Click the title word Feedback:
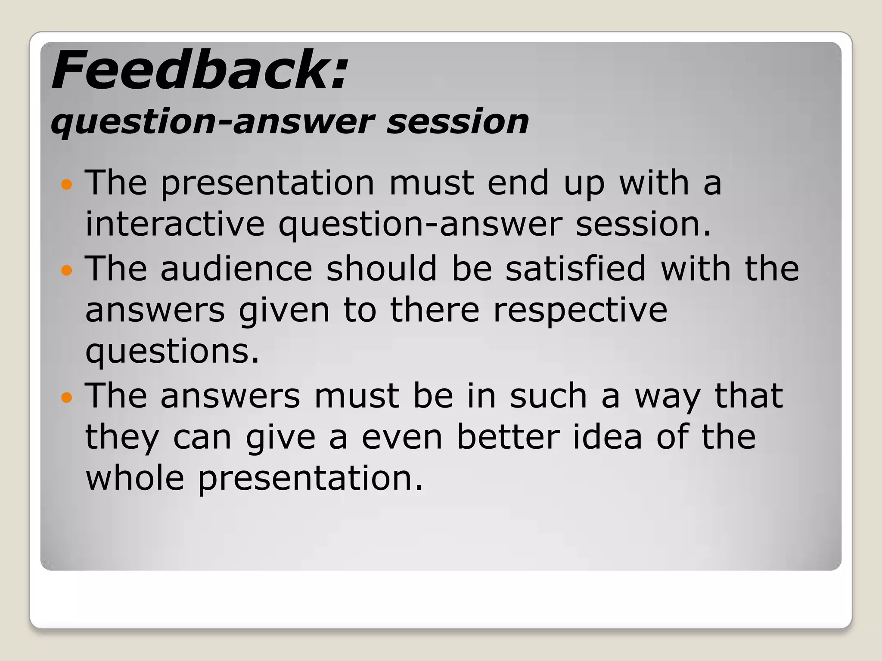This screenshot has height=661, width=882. (199, 71)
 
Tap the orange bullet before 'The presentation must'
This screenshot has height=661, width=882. (67, 185)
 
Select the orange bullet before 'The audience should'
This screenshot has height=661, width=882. (67, 270)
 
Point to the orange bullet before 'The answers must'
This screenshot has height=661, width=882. (67, 397)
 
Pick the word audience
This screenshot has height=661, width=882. (236, 269)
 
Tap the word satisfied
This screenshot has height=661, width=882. (575, 269)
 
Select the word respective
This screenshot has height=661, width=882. (580, 311)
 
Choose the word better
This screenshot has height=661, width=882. (508, 437)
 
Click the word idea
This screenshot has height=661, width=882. (607, 437)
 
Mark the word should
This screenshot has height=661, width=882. (382, 269)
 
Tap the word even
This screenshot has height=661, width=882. (402, 438)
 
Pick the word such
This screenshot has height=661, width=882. (548, 396)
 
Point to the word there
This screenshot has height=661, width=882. (434, 310)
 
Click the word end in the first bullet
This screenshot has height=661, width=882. (518, 183)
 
